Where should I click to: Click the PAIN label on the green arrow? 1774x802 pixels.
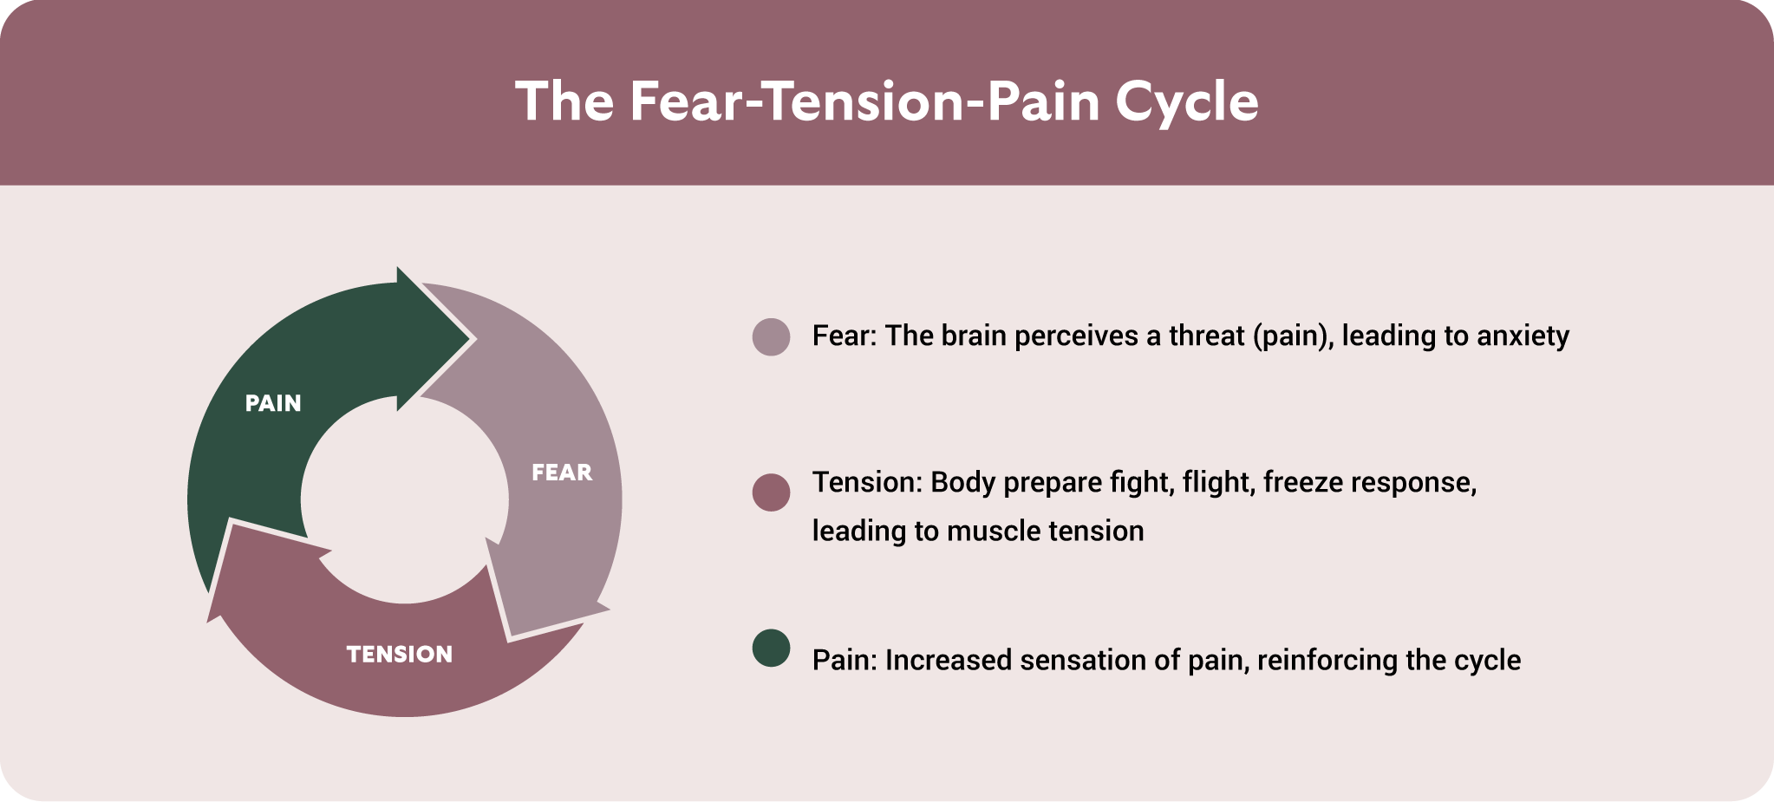273,403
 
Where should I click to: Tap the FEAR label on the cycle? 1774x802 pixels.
562,473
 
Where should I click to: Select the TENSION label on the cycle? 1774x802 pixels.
400,654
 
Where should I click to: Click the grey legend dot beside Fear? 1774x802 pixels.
771,336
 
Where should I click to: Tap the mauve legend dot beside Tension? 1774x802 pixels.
771,492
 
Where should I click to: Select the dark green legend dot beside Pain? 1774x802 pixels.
771,648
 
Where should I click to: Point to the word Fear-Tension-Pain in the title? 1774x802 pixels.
864,101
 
